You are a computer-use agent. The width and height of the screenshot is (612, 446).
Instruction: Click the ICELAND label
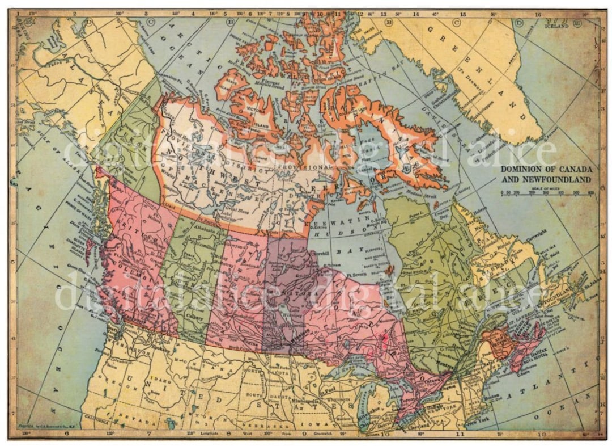[556, 26]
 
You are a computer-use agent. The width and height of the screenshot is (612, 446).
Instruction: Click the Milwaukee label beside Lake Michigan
[367, 417]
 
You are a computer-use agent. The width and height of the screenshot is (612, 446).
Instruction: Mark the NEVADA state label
[139, 422]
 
